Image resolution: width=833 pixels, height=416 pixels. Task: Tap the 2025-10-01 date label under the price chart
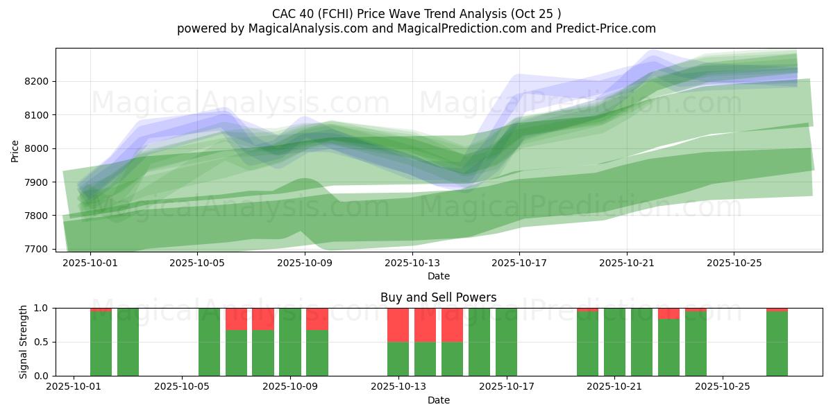pos(91,263)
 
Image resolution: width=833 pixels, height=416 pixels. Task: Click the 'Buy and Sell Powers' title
pos(438,297)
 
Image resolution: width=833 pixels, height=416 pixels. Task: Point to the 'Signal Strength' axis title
pos(24,342)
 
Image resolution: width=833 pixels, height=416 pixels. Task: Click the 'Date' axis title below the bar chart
pos(438,400)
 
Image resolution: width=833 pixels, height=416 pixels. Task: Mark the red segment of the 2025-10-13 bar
pos(398,324)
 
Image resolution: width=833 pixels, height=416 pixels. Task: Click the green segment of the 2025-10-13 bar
pos(398,358)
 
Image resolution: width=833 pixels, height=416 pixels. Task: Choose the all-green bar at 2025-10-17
pos(506,342)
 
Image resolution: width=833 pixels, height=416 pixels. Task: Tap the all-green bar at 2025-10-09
pos(290,342)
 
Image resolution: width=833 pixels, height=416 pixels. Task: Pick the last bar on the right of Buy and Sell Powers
pos(777,343)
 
